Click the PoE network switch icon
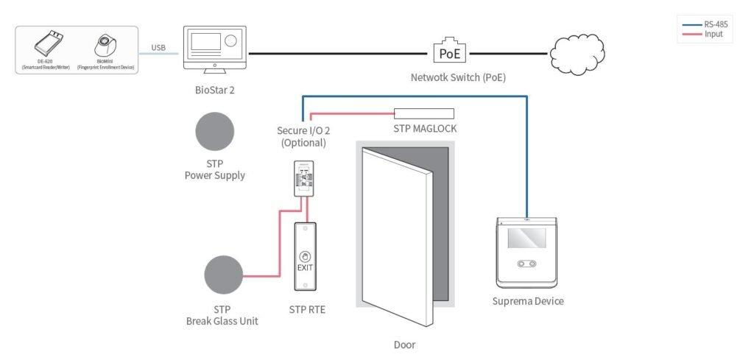click(x=449, y=52)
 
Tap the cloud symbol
click(x=577, y=52)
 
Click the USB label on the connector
click(x=158, y=48)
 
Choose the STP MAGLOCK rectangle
click(x=423, y=113)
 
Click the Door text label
click(x=405, y=344)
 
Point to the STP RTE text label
click(x=308, y=309)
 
